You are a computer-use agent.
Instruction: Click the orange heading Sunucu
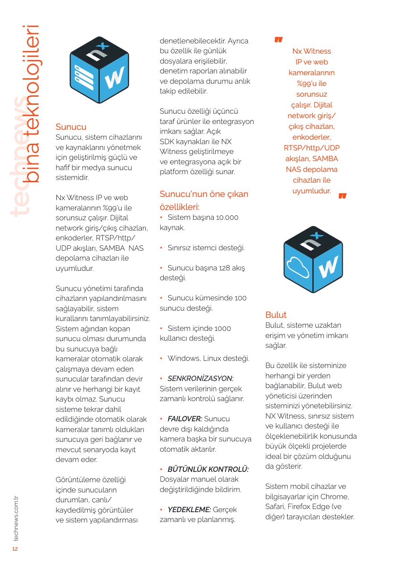(71, 127)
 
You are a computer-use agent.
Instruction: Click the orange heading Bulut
(276, 315)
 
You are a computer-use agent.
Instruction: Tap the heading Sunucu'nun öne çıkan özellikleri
(204, 200)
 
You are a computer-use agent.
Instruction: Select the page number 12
(15, 549)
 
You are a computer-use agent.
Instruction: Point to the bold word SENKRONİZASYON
(200, 378)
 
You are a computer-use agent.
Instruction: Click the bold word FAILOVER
(185, 419)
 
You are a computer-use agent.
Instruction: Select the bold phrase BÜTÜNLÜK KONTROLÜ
(208, 469)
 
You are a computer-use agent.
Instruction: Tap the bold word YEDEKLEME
(189, 509)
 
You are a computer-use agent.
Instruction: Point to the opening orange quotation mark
(278, 40)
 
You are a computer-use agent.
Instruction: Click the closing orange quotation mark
(343, 196)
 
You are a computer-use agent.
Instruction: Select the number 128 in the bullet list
(225, 268)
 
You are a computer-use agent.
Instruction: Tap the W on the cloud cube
(328, 267)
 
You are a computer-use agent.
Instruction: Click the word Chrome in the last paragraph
(334, 497)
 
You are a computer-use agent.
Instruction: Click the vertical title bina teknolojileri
(32, 103)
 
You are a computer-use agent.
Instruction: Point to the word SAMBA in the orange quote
(325, 158)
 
